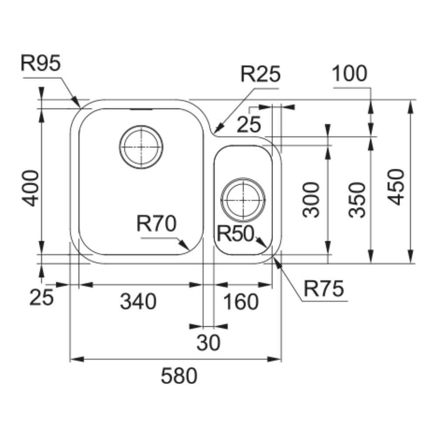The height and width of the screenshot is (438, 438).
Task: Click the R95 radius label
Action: click(40, 64)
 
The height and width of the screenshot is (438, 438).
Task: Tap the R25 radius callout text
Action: click(260, 75)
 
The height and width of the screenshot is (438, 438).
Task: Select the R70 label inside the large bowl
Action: click(156, 224)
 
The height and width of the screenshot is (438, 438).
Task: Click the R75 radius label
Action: click(325, 289)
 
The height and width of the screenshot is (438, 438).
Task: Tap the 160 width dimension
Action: click(240, 302)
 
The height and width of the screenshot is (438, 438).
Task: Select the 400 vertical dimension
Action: click(31, 188)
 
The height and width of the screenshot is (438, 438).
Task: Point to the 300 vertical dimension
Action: click(311, 200)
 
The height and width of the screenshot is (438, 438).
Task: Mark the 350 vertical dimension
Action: click(357, 200)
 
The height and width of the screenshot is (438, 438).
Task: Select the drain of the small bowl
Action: click(243, 199)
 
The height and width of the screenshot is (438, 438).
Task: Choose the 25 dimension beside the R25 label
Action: click(249, 125)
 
